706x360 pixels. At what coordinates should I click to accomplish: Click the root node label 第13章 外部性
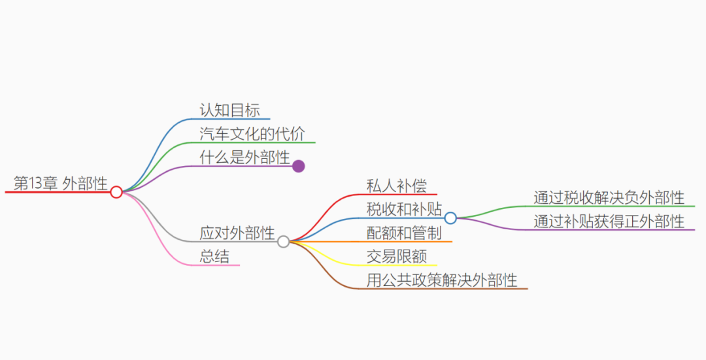pyautogui.click(x=60, y=184)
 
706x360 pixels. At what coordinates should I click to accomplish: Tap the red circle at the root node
pyautogui.click(x=116, y=192)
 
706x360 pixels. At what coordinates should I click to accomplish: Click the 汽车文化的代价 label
pyautogui.click(x=252, y=133)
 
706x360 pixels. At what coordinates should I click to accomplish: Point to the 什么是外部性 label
pyautogui.click(x=244, y=157)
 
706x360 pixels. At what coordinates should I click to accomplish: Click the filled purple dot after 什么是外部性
pyautogui.click(x=299, y=166)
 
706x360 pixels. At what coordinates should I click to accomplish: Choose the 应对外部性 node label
pyautogui.click(x=237, y=233)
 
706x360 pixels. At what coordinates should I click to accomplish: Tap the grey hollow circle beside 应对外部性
pyautogui.click(x=283, y=242)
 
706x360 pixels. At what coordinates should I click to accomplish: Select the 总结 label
pyautogui.click(x=214, y=257)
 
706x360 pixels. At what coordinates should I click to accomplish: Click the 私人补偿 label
pyautogui.click(x=397, y=186)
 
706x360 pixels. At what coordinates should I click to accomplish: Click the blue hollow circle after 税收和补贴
pyautogui.click(x=450, y=218)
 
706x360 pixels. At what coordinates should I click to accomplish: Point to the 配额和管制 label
pyautogui.click(x=404, y=233)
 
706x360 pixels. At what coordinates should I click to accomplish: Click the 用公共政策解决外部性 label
pyautogui.click(x=442, y=280)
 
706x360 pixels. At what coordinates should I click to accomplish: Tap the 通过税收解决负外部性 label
pyautogui.click(x=609, y=197)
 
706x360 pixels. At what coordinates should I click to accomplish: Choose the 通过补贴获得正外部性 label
pyautogui.click(x=609, y=221)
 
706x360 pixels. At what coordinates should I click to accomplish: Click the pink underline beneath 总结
pyautogui.click(x=220, y=265)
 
